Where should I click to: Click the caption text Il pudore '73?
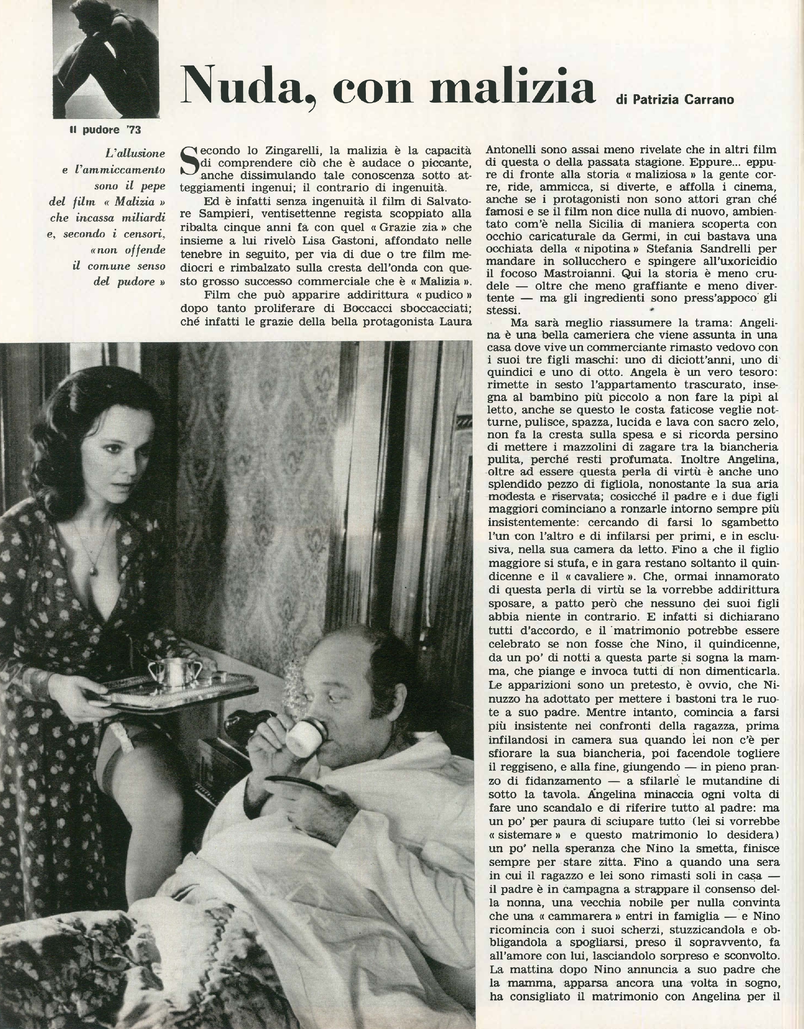(x=105, y=130)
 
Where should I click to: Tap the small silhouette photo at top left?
(x=105, y=59)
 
